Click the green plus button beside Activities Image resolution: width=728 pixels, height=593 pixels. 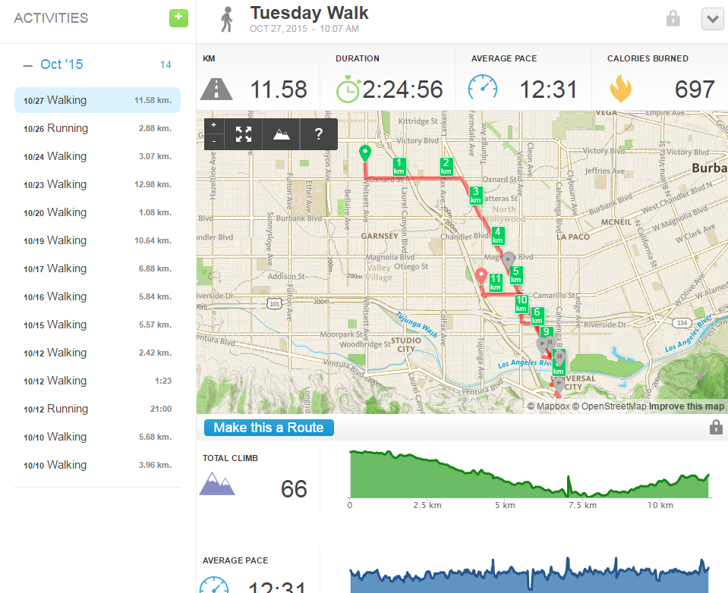pos(178,17)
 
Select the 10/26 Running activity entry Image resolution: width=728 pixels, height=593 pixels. pos(97,128)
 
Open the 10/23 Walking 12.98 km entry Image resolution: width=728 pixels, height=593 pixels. pos(97,184)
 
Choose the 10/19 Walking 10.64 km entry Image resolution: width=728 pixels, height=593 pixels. pos(97,240)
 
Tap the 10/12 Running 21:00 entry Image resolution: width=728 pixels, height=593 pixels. pos(97,409)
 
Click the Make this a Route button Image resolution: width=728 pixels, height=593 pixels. pos(269,428)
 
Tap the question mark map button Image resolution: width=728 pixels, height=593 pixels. pos(319,134)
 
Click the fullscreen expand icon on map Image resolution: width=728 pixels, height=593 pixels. pos(243,134)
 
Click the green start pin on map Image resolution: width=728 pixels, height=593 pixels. pos(364,153)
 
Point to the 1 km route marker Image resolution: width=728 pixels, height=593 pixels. pos(399,166)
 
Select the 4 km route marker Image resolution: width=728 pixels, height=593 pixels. pos(497,235)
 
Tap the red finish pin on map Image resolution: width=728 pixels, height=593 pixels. pos(481,277)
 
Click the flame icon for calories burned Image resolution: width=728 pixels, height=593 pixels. pos(620,89)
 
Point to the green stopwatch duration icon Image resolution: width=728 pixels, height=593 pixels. pos(348,89)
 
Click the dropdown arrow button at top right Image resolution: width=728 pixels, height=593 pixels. pos(712,19)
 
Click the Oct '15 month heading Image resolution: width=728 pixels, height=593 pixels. pos(61,64)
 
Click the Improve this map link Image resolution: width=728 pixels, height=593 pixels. pos(686,406)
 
